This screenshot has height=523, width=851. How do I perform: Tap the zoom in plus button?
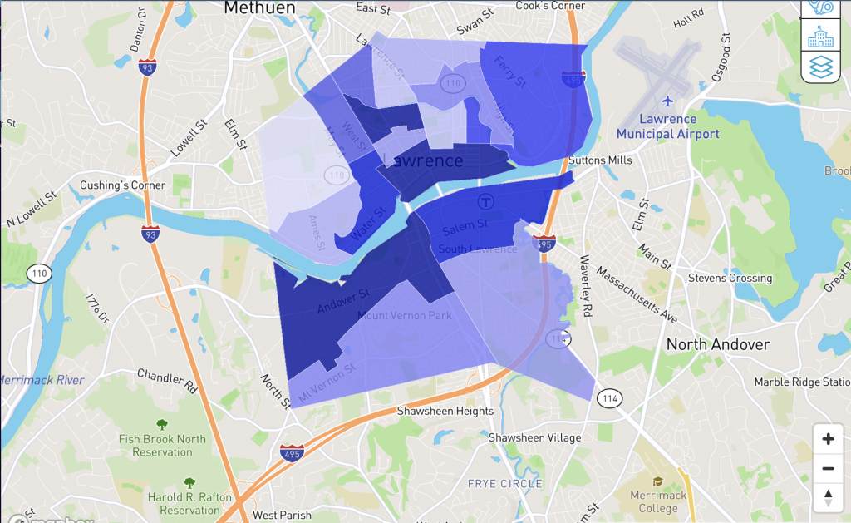(828, 439)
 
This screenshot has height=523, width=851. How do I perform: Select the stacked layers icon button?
(820, 67)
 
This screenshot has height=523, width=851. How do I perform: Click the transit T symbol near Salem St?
(485, 200)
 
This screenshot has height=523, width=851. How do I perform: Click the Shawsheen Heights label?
(445, 411)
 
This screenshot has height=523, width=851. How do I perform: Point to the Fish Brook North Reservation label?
(162, 446)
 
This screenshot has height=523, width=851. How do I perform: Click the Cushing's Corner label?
(123, 185)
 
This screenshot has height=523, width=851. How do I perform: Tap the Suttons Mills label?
(601, 160)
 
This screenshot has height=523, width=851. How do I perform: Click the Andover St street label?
(342, 301)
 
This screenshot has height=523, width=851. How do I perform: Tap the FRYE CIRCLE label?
(504, 483)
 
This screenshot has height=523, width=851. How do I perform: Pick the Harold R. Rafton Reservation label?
(189, 503)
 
